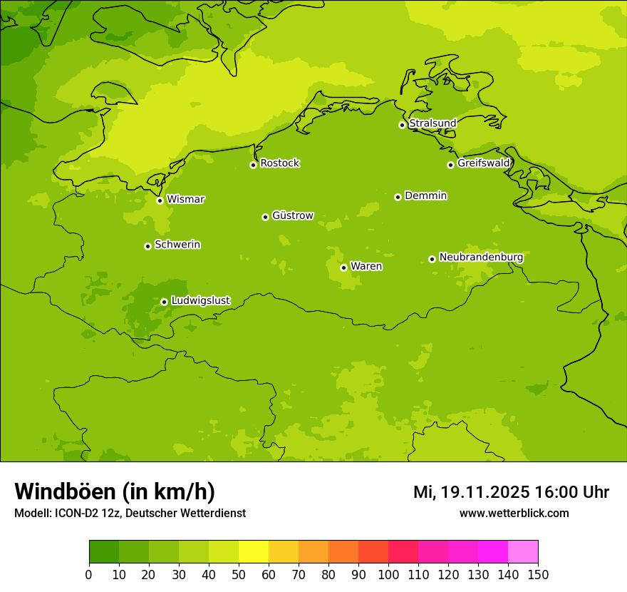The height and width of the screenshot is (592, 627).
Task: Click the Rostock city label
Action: (279, 163)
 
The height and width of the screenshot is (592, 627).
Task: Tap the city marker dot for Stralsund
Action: (402, 125)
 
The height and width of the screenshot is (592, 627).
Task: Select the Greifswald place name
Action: (483, 163)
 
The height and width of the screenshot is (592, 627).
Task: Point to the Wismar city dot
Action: (160, 200)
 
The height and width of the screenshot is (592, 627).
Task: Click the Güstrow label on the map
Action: (292, 215)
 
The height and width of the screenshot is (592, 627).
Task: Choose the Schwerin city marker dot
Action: (148, 246)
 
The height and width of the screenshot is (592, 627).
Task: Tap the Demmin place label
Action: (425, 195)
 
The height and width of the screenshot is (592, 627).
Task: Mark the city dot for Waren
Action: (343, 267)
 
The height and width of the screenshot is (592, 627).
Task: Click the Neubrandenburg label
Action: (481, 257)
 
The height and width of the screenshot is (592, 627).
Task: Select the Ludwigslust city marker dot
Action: (164, 302)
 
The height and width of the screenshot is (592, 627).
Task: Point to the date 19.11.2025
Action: (485, 492)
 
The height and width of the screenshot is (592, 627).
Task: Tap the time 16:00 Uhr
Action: (571, 492)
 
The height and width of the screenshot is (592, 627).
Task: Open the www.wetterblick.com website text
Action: (514, 513)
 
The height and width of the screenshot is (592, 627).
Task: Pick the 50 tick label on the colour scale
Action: (239, 575)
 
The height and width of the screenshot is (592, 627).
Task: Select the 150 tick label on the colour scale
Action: (537, 575)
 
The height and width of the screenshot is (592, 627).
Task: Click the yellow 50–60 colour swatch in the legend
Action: (254, 552)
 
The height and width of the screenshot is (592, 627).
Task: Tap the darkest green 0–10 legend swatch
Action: (104, 552)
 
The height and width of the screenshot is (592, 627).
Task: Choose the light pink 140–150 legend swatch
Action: (523, 552)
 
